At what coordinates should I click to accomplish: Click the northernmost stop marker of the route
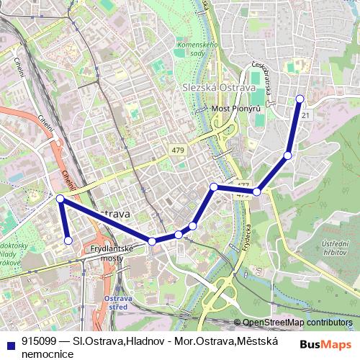click(300, 99)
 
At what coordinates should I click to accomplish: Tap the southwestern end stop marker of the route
click(68, 240)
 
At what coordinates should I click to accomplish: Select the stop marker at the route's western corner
click(60, 198)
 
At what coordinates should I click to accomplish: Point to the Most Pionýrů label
click(235, 109)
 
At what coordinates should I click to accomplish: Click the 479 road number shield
click(179, 150)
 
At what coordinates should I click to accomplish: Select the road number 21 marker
click(306, 115)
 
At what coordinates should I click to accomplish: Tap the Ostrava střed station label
click(115, 302)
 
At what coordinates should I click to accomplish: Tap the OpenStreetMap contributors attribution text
click(297, 323)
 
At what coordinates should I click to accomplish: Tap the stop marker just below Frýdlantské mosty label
click(152, 241)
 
